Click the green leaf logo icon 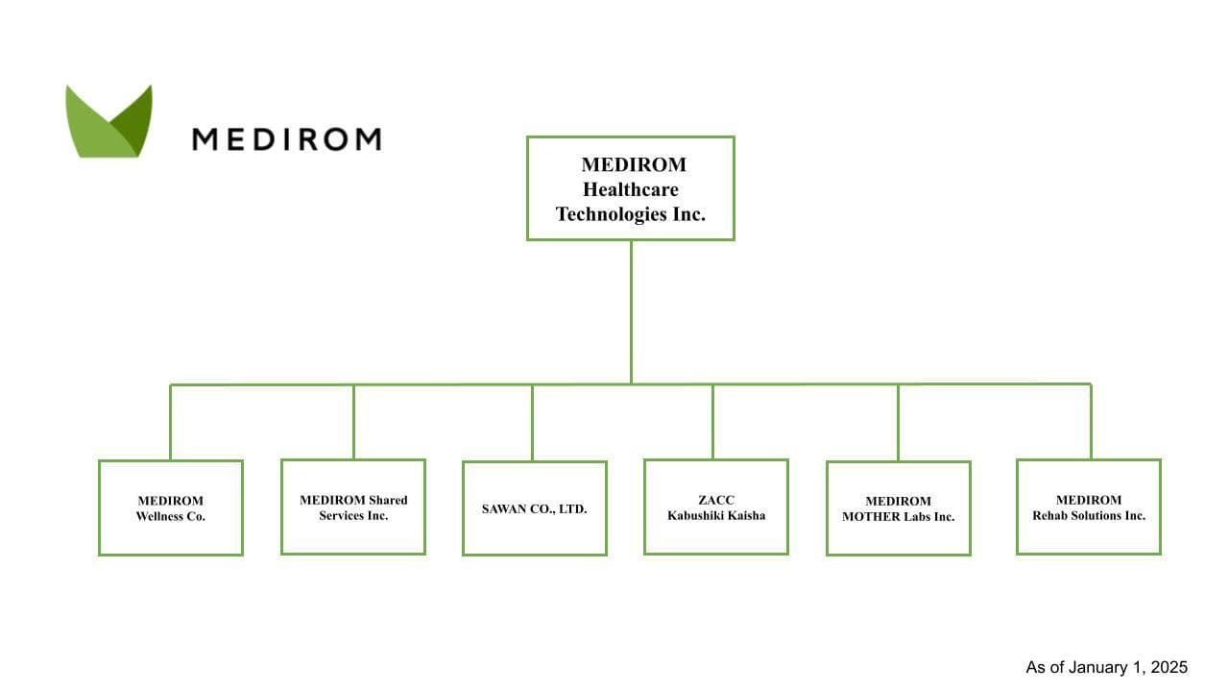[x=108, y=122]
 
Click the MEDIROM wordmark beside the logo [x=286, y=139]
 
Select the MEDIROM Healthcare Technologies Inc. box [x=631, y=187]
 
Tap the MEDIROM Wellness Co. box [x=171, y=507]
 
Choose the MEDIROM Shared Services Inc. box [x=353, y=507]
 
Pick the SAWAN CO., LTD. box [x=534, y=508]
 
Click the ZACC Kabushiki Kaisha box [x=716, y=507]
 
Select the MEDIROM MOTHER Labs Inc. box [x=899, y=508]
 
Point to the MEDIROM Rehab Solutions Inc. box [x=1089, y=507]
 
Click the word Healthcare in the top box [x=631, y=189]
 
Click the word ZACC [x=716, y=500]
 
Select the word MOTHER [x=872, y=516]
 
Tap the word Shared [x=388, y=500]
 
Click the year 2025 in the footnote [x=1169, y=667]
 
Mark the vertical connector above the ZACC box [x=712, y=421]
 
